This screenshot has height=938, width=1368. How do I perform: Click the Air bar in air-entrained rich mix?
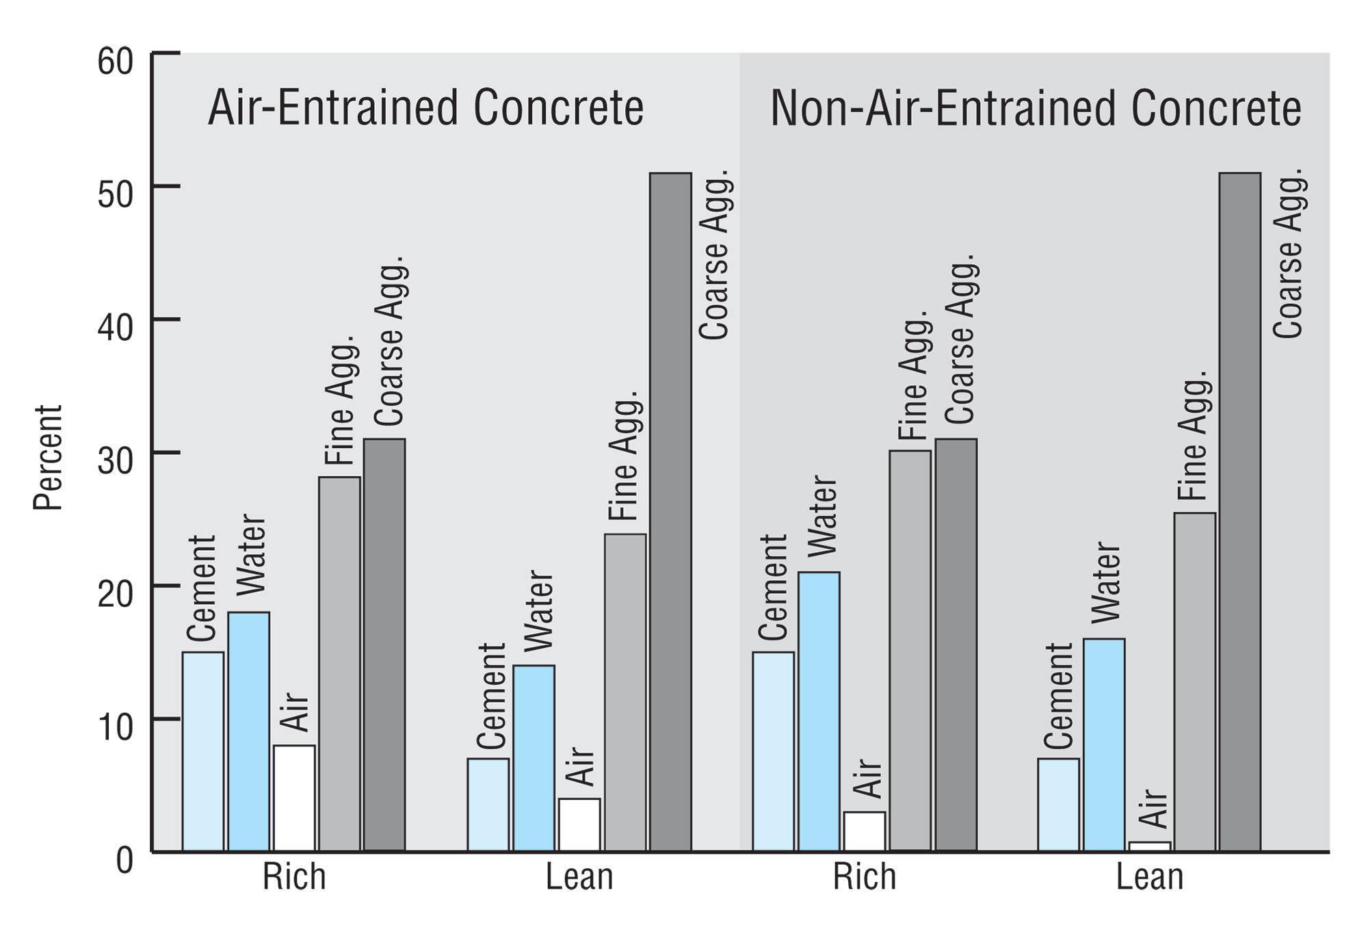click(294, 798)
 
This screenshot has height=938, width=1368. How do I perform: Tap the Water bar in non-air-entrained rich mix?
click(819, 712)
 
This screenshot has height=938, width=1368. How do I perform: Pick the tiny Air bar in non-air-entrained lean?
click(1150, 846)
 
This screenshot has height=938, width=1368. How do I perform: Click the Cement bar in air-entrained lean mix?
click(488, 805)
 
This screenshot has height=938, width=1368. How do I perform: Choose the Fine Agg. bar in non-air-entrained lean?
click(1195, 682)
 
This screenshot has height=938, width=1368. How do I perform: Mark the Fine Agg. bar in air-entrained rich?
click(339, 664)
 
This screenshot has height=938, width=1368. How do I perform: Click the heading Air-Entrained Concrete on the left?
click(425, 108)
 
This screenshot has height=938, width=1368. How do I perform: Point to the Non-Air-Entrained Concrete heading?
click(1036, 109)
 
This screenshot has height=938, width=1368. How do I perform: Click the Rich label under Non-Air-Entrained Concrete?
click(864, 877)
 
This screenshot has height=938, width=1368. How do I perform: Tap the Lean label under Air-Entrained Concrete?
click(579, 877)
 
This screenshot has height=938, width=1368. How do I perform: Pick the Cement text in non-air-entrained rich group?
click(774, 587)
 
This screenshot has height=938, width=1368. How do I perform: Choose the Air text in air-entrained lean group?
click(581, 767)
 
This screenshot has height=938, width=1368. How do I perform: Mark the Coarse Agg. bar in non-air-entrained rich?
click(956, 644)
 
